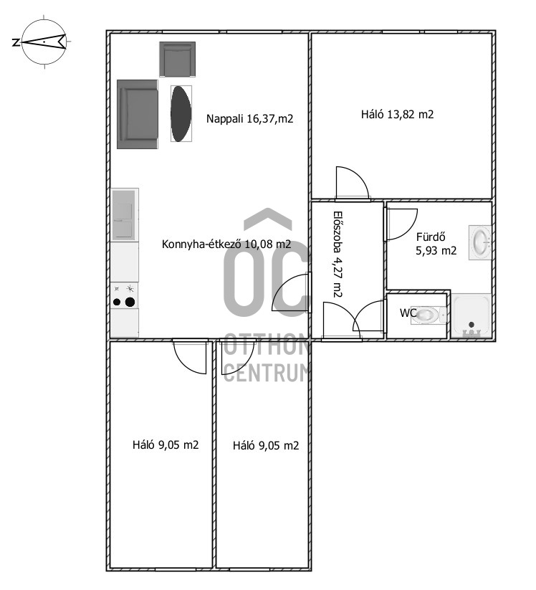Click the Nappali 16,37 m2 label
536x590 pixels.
[x=249, y=119]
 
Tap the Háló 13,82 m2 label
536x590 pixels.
[x=397, y=115]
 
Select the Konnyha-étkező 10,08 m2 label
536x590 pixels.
[x=226, y=244]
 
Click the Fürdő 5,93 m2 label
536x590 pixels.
[x=436, y=244]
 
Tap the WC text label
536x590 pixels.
[x=408, y=313]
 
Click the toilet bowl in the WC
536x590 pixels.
[x=428, y=315]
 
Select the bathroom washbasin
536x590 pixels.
[x=480, y=242]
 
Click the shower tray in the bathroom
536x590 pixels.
[x=471, y=315]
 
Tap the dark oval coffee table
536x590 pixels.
[x=181, y=114]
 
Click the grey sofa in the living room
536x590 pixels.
[x=138, y=114]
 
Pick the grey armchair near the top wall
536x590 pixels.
[x=178, y=59]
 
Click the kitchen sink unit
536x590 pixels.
[x=125, y=215]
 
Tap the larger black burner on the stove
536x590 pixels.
[x=130, y=302]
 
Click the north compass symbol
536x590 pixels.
[x=44, y=42]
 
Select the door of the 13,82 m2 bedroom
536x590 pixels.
[x=352, y=183]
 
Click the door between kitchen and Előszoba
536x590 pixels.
[x=292, y=292]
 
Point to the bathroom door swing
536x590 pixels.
[x=402, y=224]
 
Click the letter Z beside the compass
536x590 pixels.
[x=16, y=42]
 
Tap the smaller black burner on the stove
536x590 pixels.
[x=117, y=302]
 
